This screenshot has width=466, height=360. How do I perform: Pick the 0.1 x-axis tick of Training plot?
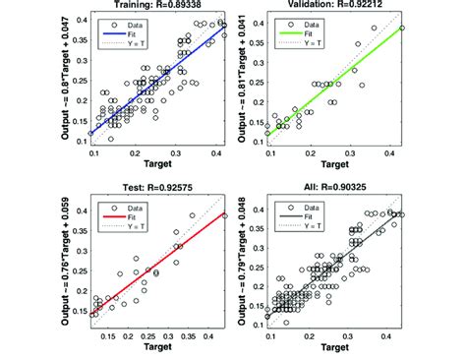(x=93, y=155)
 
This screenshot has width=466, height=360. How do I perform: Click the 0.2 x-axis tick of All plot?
(x=311, y=334)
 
